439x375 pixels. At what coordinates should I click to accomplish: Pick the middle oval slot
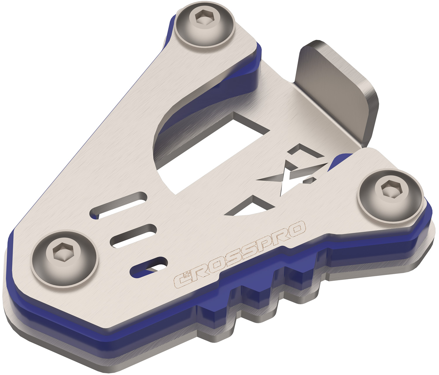coord(133,236)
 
